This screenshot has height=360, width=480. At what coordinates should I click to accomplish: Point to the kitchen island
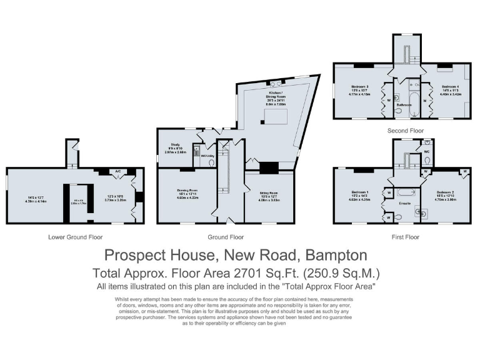[x=276, y=118]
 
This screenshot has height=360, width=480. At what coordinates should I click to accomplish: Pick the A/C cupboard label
[x=117, y=171]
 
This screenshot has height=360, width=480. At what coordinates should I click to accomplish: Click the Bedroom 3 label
[x=359, y=86]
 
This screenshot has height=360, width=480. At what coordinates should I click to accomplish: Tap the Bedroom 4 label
[x=451, y=86]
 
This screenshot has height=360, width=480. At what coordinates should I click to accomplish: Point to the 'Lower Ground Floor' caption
[x=75, y=237]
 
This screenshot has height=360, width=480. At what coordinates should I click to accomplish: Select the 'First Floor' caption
[x=406, y=237]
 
